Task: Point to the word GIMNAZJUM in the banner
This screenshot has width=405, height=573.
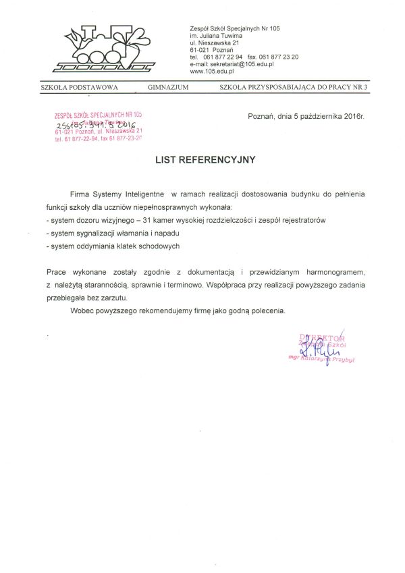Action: [168, 88]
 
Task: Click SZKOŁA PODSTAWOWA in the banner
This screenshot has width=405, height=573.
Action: [80, 88]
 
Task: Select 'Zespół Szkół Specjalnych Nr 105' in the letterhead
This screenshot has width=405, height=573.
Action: [235, 28]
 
